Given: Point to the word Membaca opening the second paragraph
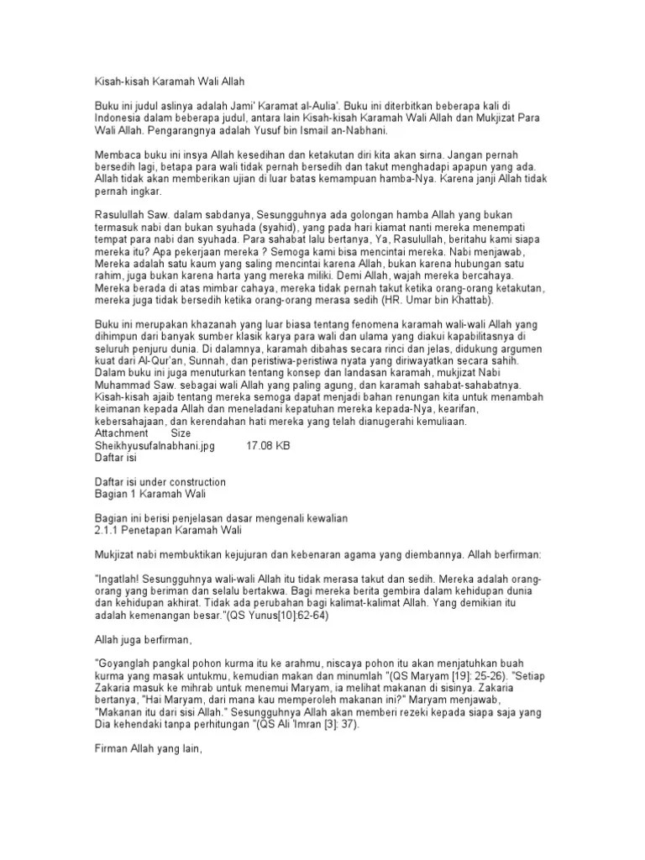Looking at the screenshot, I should pos(117,155).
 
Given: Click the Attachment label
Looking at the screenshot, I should pos(122,433).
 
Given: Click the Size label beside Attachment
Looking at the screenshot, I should pos(181,433).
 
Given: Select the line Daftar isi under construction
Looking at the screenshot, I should pos(160,482).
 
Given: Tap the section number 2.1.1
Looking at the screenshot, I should pos(107,532).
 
